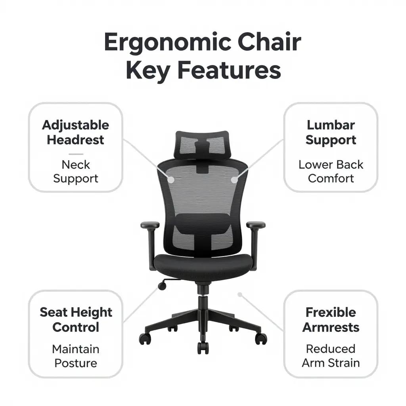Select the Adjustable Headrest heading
coord(75,132)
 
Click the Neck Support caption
coord(75,171)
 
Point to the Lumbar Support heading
coord(331,132)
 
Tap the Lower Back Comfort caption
coord(331,171)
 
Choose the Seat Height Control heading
coord(75,320)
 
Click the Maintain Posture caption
coord(75,356)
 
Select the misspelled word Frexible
coord(331,312)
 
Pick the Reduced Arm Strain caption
coord(331,356)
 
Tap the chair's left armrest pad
coord(150,225)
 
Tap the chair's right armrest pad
coord(256,225)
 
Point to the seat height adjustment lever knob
coord(162,285)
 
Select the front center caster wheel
coord(203,347)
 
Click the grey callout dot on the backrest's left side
coord(171,179)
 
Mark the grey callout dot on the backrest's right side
coord(234,180)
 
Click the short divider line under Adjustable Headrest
coord(75,153)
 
